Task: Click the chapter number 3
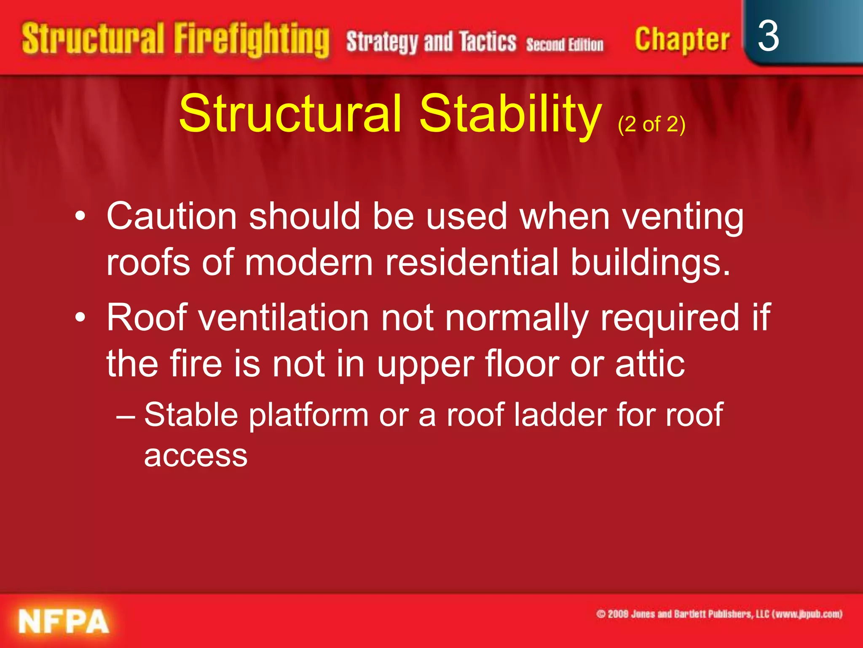coord(768,37)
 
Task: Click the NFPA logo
coord(64,621)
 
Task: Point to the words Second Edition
coord(565,44)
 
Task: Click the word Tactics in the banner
coord(488,42)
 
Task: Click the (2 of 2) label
coord(651,124)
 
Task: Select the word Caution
coord(172,216)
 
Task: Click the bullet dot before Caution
coord(80,217)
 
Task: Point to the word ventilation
coord(284,317)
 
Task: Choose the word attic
coord(650,363)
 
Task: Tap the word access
coord(196,456)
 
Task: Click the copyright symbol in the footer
coord(601,614)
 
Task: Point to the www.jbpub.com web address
coord(807,614)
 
